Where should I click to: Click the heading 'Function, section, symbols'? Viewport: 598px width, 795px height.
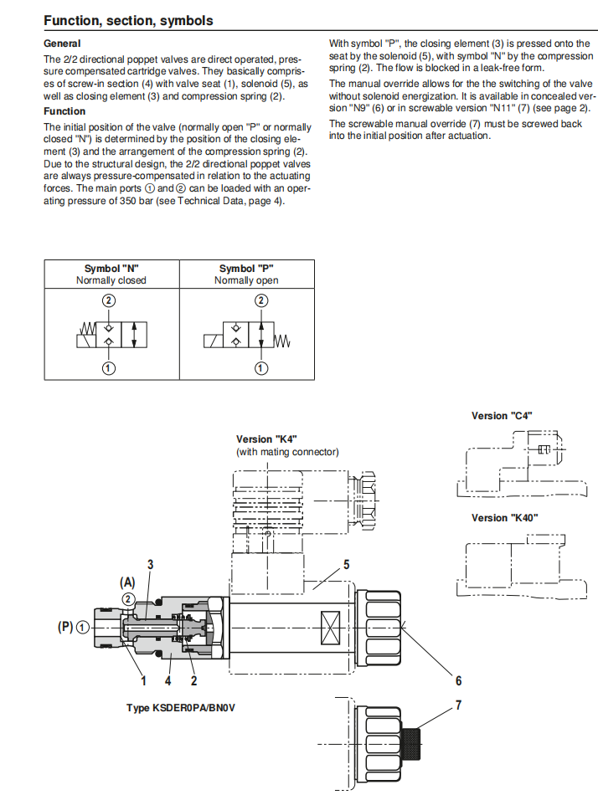click(128, 21)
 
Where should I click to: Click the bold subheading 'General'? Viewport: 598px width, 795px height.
click(62, 44)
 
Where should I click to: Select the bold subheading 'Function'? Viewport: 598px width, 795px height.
click(64, 111)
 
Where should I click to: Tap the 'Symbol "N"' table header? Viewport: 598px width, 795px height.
click(111, 269)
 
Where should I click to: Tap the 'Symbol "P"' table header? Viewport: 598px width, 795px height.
click(246, 269)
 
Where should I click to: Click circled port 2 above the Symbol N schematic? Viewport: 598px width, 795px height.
click(109, 300)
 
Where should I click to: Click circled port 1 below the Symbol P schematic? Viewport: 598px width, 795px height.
click(261, 368)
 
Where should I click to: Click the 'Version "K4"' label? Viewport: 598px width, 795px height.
click(266, 439)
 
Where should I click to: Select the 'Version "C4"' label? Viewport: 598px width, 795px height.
click(502, 416)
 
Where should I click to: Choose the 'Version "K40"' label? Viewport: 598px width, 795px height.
click(504, 518)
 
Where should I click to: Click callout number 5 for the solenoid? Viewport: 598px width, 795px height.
click(346, 564)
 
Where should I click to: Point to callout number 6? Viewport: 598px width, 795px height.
click(458, 680)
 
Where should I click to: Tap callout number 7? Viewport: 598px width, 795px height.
click(458, 705)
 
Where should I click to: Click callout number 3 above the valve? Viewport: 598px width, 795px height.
click(150, 564)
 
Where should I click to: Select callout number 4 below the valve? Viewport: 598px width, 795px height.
click(168, 681)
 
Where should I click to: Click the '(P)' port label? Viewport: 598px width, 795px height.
click(65, 627)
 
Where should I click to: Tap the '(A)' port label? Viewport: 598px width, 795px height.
click(127, 582)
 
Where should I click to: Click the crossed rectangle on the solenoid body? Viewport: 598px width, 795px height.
click(331, 627)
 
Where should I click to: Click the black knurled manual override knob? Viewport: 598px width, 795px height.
click(411, 744)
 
